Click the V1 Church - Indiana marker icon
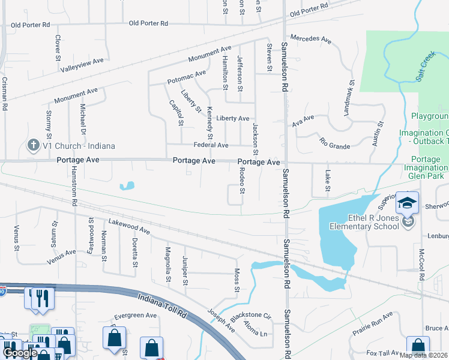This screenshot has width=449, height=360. (34, 145)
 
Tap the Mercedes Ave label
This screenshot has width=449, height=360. (311, 40)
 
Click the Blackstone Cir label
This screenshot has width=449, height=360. (255, 314)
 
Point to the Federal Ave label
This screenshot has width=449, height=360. (211, 145)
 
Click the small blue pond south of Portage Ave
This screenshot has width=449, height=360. (126, 186)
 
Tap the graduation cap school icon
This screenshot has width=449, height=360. (407, 203)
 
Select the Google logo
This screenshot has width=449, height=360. (20, 353)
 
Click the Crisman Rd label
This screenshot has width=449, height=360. (4, 94)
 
